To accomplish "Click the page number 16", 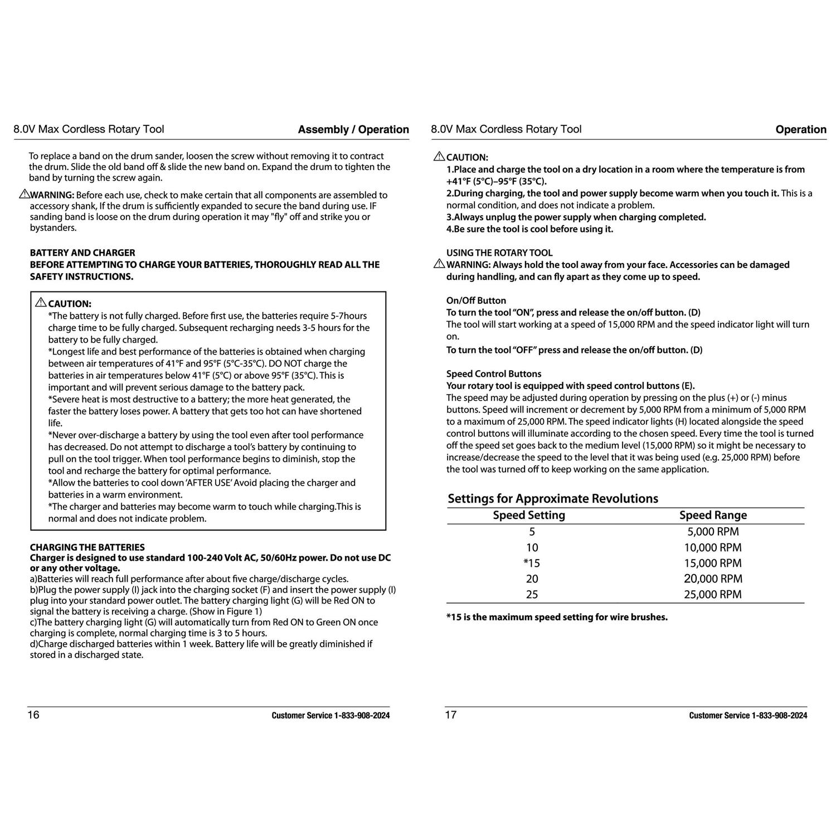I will pyautogui.click(x=33, y=715).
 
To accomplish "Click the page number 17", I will pyautogui.click(x=450, y=715).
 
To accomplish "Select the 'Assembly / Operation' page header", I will pyautogui.click(x=353, y=130).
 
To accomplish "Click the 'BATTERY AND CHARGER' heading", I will pyautogui.click(x=82, y=253).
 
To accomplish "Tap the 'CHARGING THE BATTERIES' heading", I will pyautogui.click(x=87, y=547).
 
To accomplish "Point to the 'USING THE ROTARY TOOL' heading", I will pyautogui.click(x=499, y=253).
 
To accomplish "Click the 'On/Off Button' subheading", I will pyautogui.click(x=476, y=300).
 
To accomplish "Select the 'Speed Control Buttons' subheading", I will pyautogui.click(x=493, y=374).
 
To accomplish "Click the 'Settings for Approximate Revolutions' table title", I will pyautogui.click(x=553, y=498).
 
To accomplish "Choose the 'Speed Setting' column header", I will pyautogui.click(x=529, y=516).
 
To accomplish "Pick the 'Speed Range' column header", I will pyautogui.click(x=713, y=516).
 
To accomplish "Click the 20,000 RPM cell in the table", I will pyautogui.click(x=713, y=579).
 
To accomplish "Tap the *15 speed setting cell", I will pyautogui.click(x=532, y=563).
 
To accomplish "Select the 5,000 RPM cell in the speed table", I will pyautogui.click(x=713, y=532).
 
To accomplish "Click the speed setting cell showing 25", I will pyautogui.click(x=532, y=595).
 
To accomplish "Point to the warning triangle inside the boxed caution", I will pyautogui.click(x=41, y=303).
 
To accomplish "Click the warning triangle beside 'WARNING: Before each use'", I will pyautogui.click(x=24, y=195).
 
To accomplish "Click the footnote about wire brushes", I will pyautogui.click(x=557, y=618).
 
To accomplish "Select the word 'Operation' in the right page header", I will pyautogui.click(x=801, y=130).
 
